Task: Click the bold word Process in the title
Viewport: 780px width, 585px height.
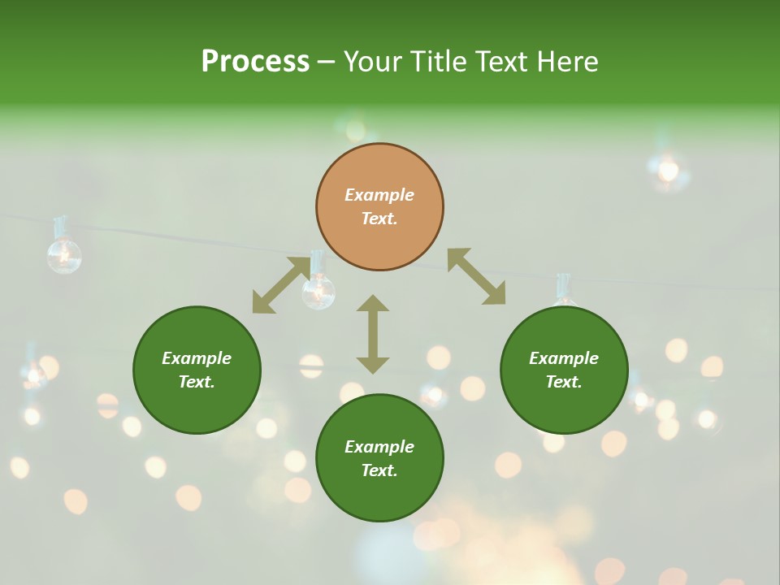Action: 255,62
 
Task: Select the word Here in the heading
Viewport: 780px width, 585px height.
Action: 565,62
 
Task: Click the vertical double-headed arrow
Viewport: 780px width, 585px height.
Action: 373,334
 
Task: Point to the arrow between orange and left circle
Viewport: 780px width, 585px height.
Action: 280,284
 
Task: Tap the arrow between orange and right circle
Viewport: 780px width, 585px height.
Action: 477,276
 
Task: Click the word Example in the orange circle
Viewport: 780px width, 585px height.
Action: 379,195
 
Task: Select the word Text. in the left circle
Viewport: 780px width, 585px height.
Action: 197,382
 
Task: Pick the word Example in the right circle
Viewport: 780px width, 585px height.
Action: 564,358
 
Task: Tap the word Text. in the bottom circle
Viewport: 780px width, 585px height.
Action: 379,470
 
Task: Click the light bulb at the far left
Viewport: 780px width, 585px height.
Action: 63,253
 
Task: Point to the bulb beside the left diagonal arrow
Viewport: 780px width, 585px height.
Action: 318,288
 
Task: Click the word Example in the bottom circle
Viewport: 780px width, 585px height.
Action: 379,447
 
